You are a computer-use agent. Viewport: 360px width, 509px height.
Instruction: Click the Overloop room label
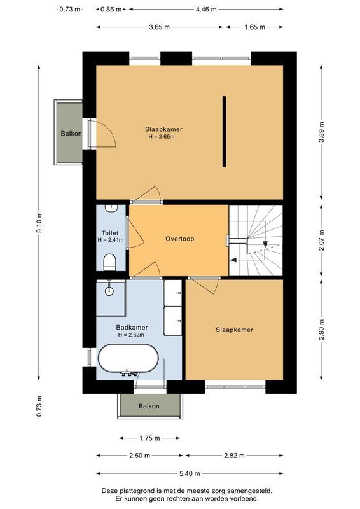179,239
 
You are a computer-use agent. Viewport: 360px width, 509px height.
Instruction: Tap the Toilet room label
109,233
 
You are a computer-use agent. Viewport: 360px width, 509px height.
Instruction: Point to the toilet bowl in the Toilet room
109,260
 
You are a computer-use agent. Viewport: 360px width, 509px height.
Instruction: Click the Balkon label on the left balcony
71,134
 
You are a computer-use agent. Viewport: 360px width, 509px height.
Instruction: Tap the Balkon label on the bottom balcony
149,406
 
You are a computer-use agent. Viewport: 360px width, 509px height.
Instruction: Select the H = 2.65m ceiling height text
162,137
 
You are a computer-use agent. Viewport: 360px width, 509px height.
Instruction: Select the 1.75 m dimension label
149,438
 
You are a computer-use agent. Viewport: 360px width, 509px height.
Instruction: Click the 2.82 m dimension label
233,456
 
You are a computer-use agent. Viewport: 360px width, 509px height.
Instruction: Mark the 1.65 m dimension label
254,27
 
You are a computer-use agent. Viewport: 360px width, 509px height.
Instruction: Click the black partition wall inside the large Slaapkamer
224,131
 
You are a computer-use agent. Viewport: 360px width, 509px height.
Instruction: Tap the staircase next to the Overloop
256,241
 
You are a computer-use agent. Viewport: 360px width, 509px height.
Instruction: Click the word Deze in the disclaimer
113,491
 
